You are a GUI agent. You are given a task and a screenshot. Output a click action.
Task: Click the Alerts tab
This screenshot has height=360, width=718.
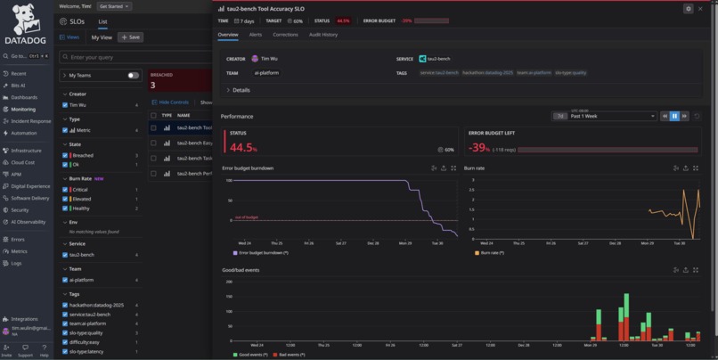255,35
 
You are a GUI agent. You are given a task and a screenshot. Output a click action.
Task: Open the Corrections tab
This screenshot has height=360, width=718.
285,35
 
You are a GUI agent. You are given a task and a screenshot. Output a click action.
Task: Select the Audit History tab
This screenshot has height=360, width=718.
322,35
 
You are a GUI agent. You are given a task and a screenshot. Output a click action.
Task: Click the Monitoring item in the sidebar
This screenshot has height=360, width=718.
23,110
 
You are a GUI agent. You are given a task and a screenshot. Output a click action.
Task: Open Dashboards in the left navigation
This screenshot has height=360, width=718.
24,97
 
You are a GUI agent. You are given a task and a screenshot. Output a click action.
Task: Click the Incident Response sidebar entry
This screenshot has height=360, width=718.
30,121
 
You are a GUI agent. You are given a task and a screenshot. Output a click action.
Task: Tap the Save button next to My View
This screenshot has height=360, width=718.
130,37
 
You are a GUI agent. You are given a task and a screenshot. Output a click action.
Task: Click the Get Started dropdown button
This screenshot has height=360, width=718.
114,6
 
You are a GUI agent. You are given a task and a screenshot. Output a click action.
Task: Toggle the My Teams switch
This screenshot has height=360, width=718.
133,76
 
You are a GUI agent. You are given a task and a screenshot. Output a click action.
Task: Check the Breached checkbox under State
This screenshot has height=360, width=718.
65,156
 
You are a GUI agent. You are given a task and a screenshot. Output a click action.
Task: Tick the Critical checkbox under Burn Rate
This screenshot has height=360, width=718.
65,190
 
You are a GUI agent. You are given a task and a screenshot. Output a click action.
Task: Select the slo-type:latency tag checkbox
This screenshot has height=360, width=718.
65,351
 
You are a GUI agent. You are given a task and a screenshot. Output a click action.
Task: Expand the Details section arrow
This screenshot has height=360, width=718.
228,90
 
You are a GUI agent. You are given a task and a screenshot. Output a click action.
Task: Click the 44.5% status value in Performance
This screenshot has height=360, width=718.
243,148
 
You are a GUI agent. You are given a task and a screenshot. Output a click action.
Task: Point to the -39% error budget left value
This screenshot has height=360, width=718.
479,148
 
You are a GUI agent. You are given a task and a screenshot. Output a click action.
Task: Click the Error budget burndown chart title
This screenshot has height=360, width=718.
248,168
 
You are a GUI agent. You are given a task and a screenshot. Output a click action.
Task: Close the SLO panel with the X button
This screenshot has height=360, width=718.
700,8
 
